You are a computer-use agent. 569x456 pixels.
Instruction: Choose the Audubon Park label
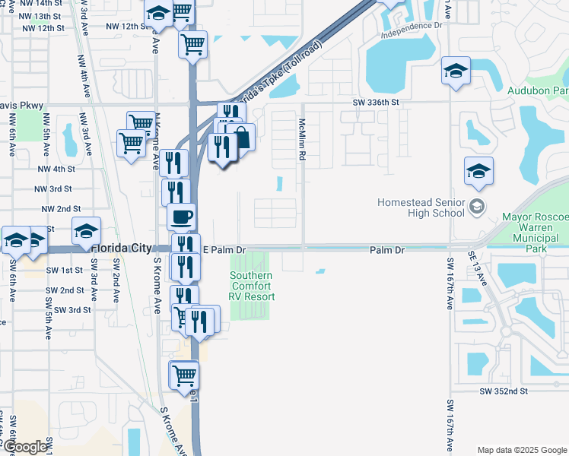tap(538, 90)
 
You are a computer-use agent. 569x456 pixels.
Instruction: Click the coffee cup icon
tap(182, 217)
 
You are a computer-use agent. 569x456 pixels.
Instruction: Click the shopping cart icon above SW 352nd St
tap(184, 374)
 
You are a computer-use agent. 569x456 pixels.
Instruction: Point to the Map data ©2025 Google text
tap(521, 450)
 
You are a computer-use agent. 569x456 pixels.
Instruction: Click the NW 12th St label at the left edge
tap(43, 28)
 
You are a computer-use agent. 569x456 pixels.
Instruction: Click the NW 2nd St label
tap(61, 208)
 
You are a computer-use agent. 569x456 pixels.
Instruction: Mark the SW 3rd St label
tap(68, 310)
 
